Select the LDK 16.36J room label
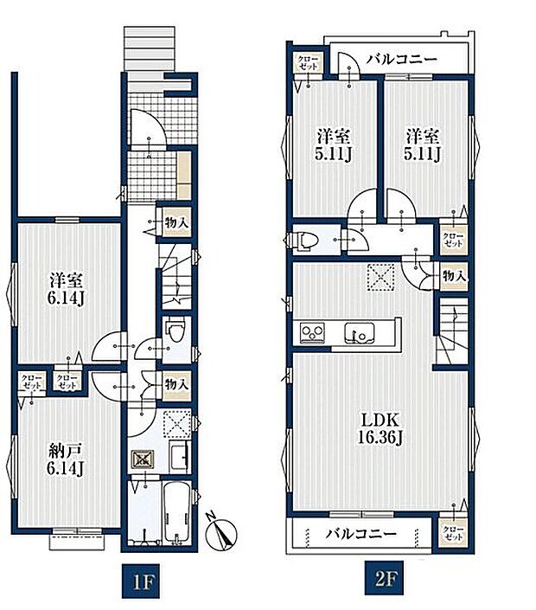(x=380, y=428)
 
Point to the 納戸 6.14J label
(x=66, y=459)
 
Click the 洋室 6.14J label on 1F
(x=66, y=289)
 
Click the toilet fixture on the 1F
(x=175, y=331)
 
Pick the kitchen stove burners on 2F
(x=312, y=333)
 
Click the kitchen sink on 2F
(x=360, y=333)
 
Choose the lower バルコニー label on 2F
(x=361, y=533)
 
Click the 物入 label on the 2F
(x=454, y=276)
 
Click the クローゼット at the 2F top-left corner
(x=308, y=62)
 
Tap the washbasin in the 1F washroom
(x=180, y=457)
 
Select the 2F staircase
(x=452, y=331)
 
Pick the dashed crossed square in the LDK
(x=381, y=277)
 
